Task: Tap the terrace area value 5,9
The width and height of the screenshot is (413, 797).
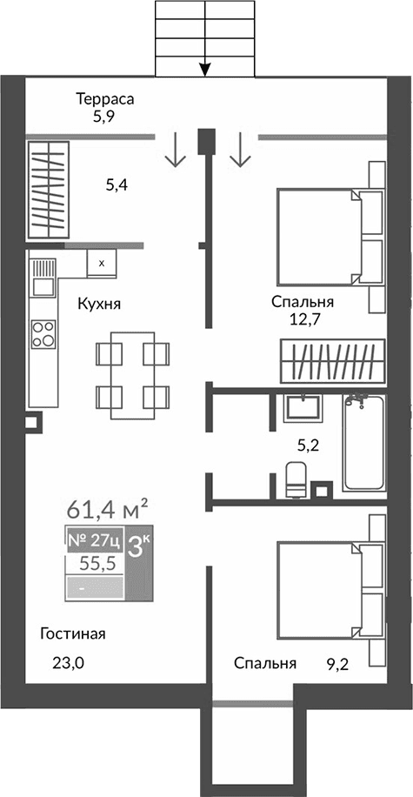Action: pos(105,114)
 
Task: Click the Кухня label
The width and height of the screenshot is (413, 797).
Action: pos(98,305)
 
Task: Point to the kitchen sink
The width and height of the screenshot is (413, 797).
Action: pos(41,284)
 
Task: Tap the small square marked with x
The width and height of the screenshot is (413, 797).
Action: pos(102,262)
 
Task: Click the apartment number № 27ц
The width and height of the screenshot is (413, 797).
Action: pos(94,541)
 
